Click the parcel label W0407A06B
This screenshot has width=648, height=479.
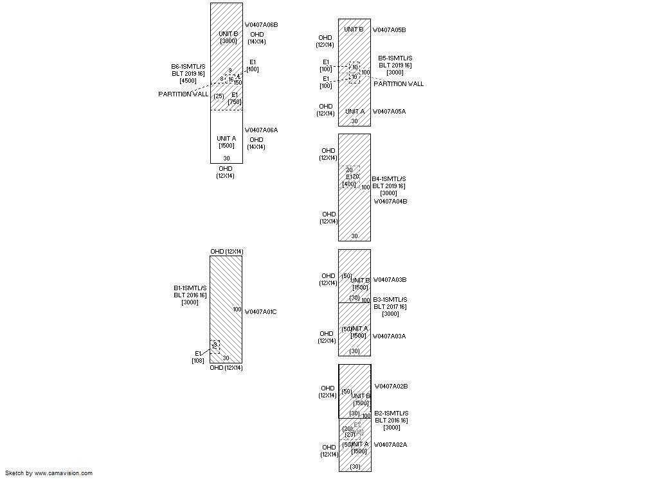coord(261,25)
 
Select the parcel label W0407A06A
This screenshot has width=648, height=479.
coord(261,130)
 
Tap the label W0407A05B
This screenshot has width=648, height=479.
coord(390,30)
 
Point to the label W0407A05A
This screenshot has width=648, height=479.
coord(390,112)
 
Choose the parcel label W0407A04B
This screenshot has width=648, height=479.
coord(391,202)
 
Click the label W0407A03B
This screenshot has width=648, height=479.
coord(390,280)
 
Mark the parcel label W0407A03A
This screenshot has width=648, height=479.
coord(390,336)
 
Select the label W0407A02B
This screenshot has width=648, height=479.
coord(391,387)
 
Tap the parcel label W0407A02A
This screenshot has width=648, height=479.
coord(391,445)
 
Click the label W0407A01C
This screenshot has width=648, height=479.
coord(261,312)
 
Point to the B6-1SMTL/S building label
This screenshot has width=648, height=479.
coord(188,67)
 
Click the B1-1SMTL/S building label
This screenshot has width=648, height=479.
coord(190,288)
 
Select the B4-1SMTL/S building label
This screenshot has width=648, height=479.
coord(390,179)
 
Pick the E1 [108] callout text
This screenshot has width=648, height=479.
coord(198,357)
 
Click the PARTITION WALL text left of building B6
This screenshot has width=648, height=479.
coord(183,94)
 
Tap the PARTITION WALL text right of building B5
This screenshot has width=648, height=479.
coord(399,84)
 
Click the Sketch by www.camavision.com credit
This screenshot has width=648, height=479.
coord(49,473)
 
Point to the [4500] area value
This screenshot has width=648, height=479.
coord(188,81)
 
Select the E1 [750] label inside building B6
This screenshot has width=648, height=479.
coord(235,98)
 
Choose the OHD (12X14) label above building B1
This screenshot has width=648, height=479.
coord(227,252)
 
